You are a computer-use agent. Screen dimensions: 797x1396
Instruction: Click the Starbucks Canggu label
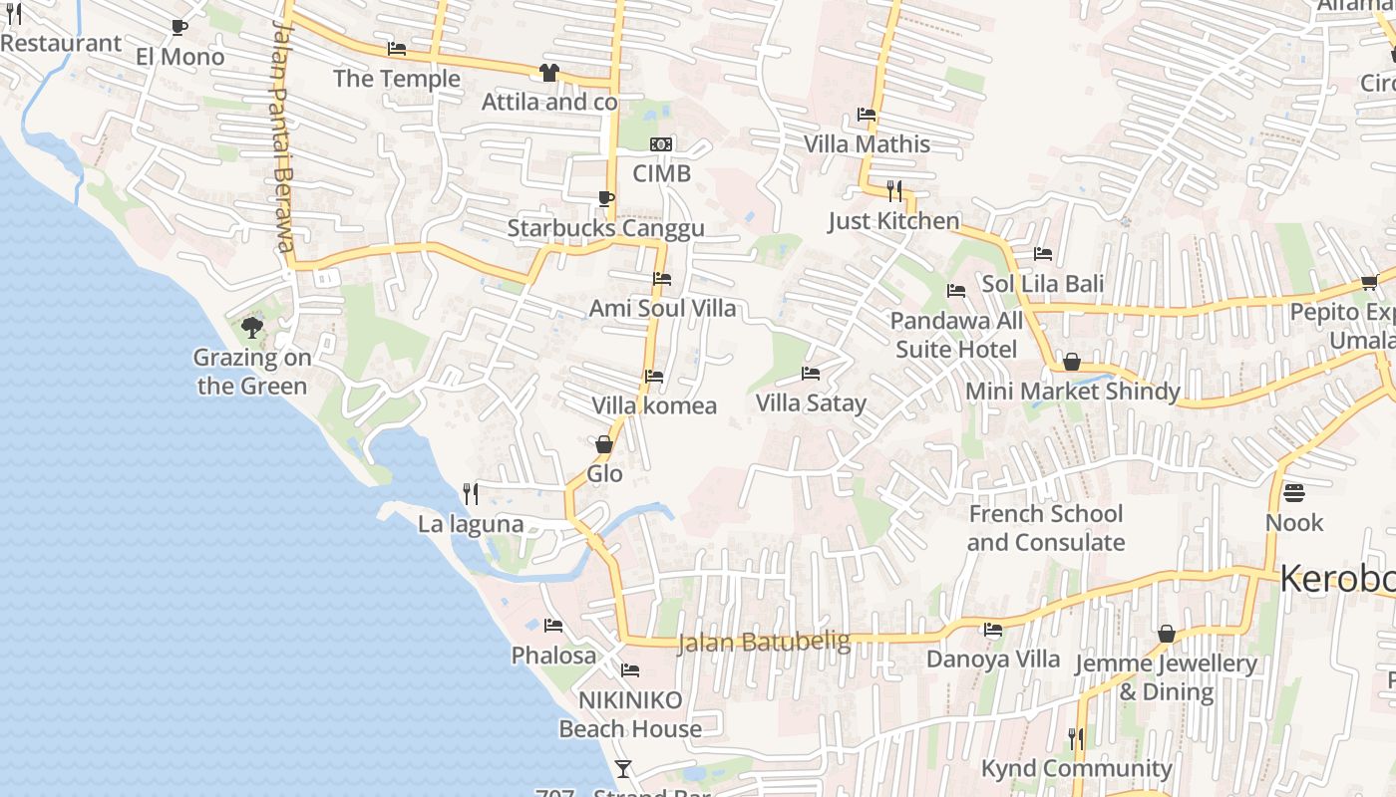point(605,228)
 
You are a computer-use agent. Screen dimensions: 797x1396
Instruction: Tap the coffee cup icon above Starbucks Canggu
point(605,198)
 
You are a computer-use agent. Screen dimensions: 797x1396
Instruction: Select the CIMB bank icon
point(661,144)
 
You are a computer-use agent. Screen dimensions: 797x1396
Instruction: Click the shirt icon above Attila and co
point(548,72)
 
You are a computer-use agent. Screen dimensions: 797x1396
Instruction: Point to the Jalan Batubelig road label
point(763,642)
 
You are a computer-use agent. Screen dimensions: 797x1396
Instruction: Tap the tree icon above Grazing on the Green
point(252,327)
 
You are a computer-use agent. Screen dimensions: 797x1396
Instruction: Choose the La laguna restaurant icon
point(471,493)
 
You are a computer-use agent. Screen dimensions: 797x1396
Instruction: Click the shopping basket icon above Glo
point(604,444)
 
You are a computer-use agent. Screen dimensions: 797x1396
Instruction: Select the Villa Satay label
point(811,403)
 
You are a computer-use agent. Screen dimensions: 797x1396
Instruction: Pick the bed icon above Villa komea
point(654,377)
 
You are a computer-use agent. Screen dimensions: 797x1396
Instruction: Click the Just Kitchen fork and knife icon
point(894,190)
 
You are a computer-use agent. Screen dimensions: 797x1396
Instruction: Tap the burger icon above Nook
point(1294,492)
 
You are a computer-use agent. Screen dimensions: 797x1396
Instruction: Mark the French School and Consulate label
point(1045,528)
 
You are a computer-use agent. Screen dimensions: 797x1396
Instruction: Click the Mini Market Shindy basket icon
point(1072,361)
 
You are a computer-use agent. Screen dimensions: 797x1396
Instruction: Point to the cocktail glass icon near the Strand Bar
point(623,768)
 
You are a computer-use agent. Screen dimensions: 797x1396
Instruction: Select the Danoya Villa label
point(993,660)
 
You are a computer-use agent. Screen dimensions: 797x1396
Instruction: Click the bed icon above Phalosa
point(553,626)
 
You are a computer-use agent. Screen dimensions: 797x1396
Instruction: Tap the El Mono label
point(180,57)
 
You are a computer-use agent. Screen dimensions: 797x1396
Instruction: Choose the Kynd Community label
point(1077,768)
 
